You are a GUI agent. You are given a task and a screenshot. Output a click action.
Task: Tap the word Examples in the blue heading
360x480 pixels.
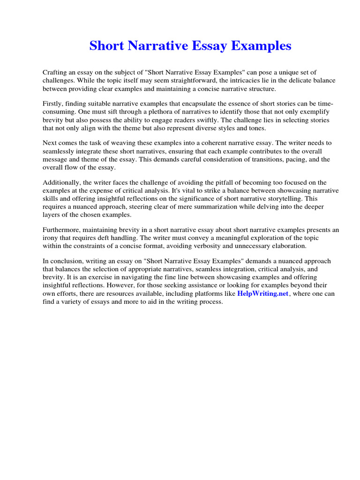pos(258,46)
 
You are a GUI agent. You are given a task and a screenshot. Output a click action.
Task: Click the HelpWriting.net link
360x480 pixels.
pos(263,293)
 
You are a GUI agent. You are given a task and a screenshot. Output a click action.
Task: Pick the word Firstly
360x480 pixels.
pos(53,104)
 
